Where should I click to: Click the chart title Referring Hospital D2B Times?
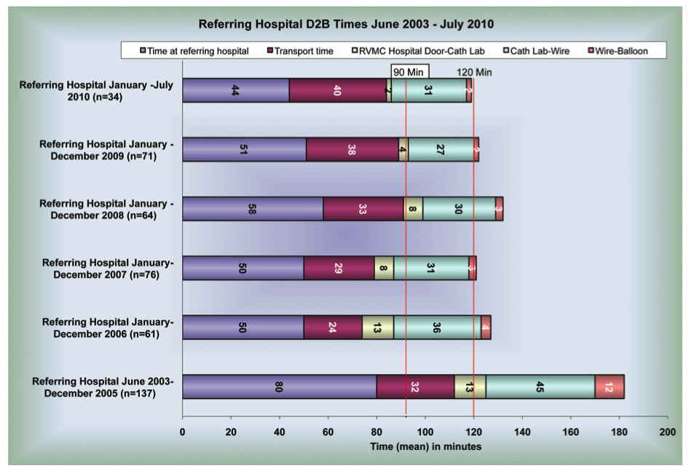(x=346, y=24)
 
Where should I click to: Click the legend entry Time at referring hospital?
(x=193, y=51)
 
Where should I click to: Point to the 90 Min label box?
(x=409, y=72)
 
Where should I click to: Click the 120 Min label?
(x=474, y=72)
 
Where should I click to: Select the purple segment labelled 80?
(x=279, y=387)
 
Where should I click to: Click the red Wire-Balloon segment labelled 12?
(x=610, y=387)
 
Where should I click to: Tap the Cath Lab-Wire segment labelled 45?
(x=540, y=387)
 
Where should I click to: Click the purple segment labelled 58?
(x=253, y=209)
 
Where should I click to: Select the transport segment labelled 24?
(x=333, y=328)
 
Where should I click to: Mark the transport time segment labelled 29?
(x=339, y=268)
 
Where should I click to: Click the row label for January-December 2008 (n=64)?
(x=106, y=209)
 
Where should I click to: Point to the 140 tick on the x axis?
(x=522, y=432)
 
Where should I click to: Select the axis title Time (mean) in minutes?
(x=425, y=446)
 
